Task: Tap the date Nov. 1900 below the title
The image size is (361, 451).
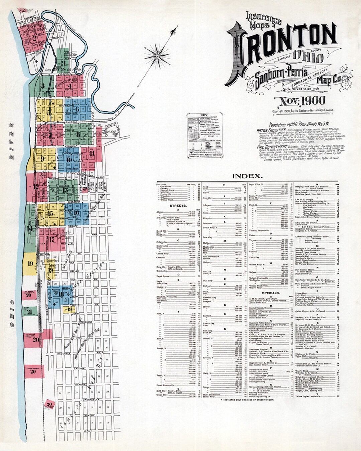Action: tap(299, 100)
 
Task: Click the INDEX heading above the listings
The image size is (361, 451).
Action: tap(247, 176)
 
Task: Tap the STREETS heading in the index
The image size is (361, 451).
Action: tap(178, 206)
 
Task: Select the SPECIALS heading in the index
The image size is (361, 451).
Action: tap(270, 293)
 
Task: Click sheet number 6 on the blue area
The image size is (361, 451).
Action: tap(77, 109)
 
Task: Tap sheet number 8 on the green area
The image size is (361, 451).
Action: tap(78, 134)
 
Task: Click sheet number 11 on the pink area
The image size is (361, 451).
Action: tap(92, 153)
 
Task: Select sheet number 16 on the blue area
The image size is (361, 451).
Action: tap(76, 213)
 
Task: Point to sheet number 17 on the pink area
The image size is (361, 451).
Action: tap(52, 239)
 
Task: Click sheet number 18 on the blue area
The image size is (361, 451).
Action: tap(61, 294)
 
